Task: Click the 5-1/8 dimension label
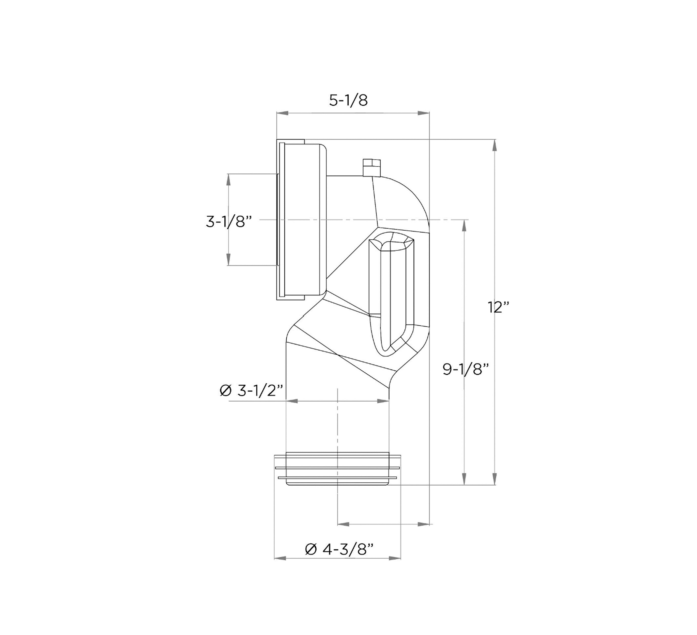[x=348, y=100]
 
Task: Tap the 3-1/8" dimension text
[x=228, y=221]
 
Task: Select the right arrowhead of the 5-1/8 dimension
[x=424, y=113]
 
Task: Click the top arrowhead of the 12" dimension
[x=495, y=145]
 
